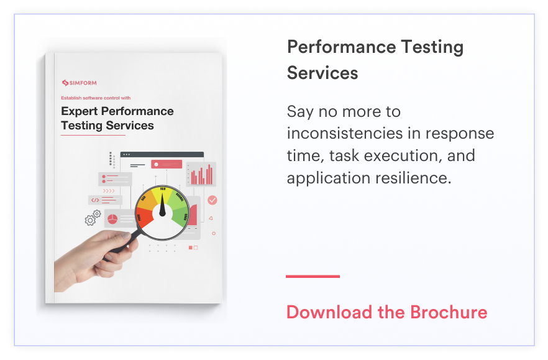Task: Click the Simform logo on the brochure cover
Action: (x=79, y=83)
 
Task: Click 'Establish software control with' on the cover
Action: (x=96, y=98)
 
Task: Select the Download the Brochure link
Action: (x=386, y=312)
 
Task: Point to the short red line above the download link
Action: (x=313, y=276)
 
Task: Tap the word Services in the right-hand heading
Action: (x=322, y=73)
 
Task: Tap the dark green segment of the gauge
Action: (x=180, y=216)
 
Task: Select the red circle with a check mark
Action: (x=212, y=200)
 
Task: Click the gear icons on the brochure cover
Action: (x=93, y=218)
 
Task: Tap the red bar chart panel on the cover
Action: (x=201, y=174)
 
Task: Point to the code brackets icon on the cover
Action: (x=95, y=200)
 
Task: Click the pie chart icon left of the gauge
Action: (x=112, y=219)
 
